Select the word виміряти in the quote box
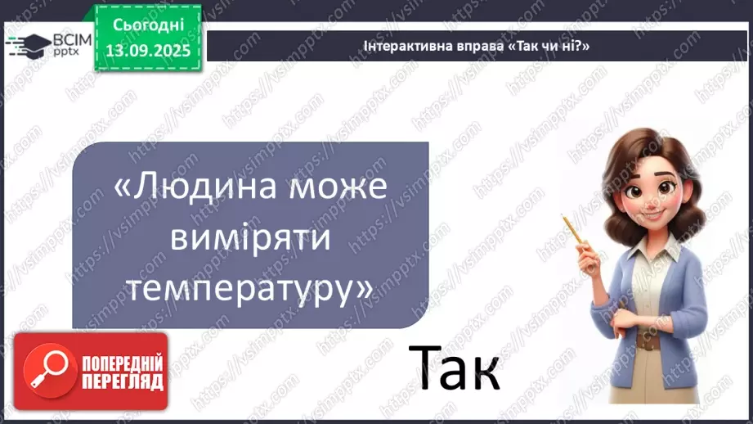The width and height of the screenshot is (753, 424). click(250, 238)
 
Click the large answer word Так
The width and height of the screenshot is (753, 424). click(454, 368)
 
